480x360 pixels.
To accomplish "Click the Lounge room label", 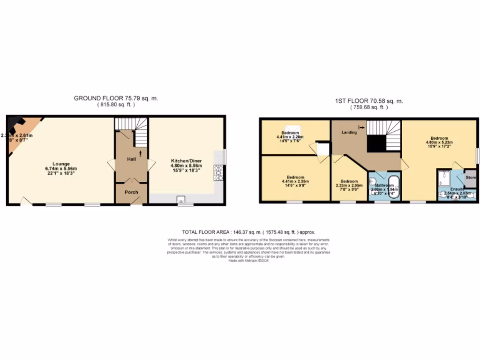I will [x=61, y=164].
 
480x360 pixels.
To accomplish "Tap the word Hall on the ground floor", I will [x=131, y=159].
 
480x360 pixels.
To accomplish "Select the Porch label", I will [x=131, y=192].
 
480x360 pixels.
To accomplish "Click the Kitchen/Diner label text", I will [x=187, y=161].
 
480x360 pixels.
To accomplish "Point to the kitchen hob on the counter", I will [x=218, y=172].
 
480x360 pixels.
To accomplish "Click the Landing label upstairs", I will [x=349, y=133].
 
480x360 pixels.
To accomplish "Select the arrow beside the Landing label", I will [x=361, y=127].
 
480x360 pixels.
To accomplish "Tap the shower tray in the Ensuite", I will [x=446, y=178].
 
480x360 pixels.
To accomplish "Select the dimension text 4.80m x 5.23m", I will [x=439, y=143].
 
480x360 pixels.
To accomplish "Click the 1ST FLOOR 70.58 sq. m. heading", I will [x=369, y=101].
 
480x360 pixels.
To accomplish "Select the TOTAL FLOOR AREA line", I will [x=248, y=232].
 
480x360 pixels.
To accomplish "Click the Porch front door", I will [x=136, y=201].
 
